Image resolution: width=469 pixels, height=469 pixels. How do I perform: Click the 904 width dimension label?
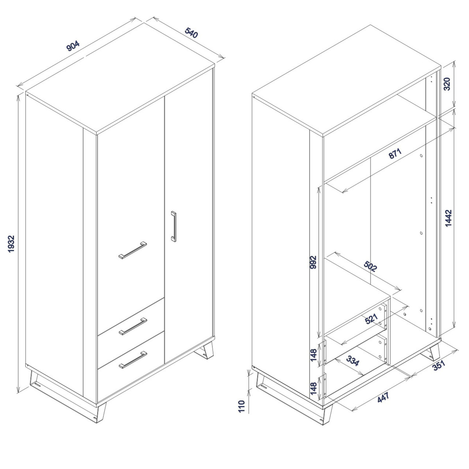coord(73,46)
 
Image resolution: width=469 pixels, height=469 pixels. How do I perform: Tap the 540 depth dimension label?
coord(191,32)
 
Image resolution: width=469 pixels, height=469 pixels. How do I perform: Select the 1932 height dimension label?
coord(11,244)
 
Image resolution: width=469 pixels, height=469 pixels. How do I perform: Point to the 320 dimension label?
coord(447,84)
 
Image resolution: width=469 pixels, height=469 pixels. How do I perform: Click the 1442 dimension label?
coord(448,218)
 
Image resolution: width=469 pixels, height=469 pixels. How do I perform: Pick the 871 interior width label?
coord(395,154)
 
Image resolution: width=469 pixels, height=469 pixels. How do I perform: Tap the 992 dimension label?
coord(313,262)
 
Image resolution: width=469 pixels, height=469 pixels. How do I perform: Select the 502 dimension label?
coord(370,267)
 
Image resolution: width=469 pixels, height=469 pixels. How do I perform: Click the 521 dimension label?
coord(371,319)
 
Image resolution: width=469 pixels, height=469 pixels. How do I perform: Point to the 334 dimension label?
coord(353,361)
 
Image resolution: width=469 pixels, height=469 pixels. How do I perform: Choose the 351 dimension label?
coord(439,365)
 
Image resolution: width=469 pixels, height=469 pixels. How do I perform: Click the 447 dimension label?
coord(383,397)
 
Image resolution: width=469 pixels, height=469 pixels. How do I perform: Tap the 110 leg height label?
coord(241,406)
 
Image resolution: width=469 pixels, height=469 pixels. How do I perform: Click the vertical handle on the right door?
coord(174,226)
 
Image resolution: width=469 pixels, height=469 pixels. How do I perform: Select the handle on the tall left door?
coord(132,250)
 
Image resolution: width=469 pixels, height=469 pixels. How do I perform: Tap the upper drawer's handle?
coord(133,326)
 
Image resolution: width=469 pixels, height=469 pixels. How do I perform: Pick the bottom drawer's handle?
coord(133,360)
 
